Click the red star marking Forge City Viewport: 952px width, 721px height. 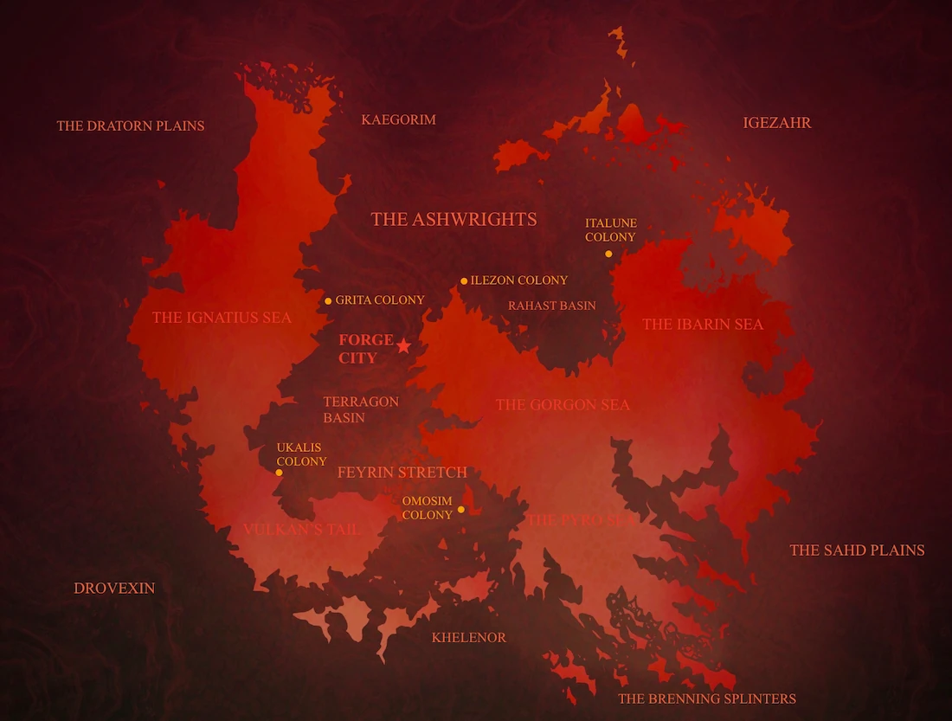click(403, 345)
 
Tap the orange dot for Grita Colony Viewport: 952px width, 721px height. click(328, 301)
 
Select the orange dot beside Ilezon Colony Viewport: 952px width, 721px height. click(464, 281)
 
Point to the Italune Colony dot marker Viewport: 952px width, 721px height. click(608, 254)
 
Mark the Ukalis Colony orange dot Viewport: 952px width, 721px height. click(279, 473)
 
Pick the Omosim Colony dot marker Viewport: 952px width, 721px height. click(460, 509)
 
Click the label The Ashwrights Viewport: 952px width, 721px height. click(453, 219)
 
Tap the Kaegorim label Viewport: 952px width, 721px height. click(398, 119)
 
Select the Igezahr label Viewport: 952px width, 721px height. click(777, 123)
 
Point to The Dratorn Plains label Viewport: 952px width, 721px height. click(131, 126)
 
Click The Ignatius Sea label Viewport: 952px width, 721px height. click(222, 318)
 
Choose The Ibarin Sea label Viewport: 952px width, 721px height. click(703, 325)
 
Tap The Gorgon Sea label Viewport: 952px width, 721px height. click(563, 404)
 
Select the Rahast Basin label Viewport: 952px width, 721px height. click(551, 306)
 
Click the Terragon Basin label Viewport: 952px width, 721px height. click(361, 409)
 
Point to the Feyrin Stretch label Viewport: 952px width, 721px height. click(402, 473)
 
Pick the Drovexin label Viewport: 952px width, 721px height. click(114, 588)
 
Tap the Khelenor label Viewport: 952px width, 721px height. click(468, 638)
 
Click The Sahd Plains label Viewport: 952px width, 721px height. click(857, 550)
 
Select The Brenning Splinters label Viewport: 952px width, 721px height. click(706, 698)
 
